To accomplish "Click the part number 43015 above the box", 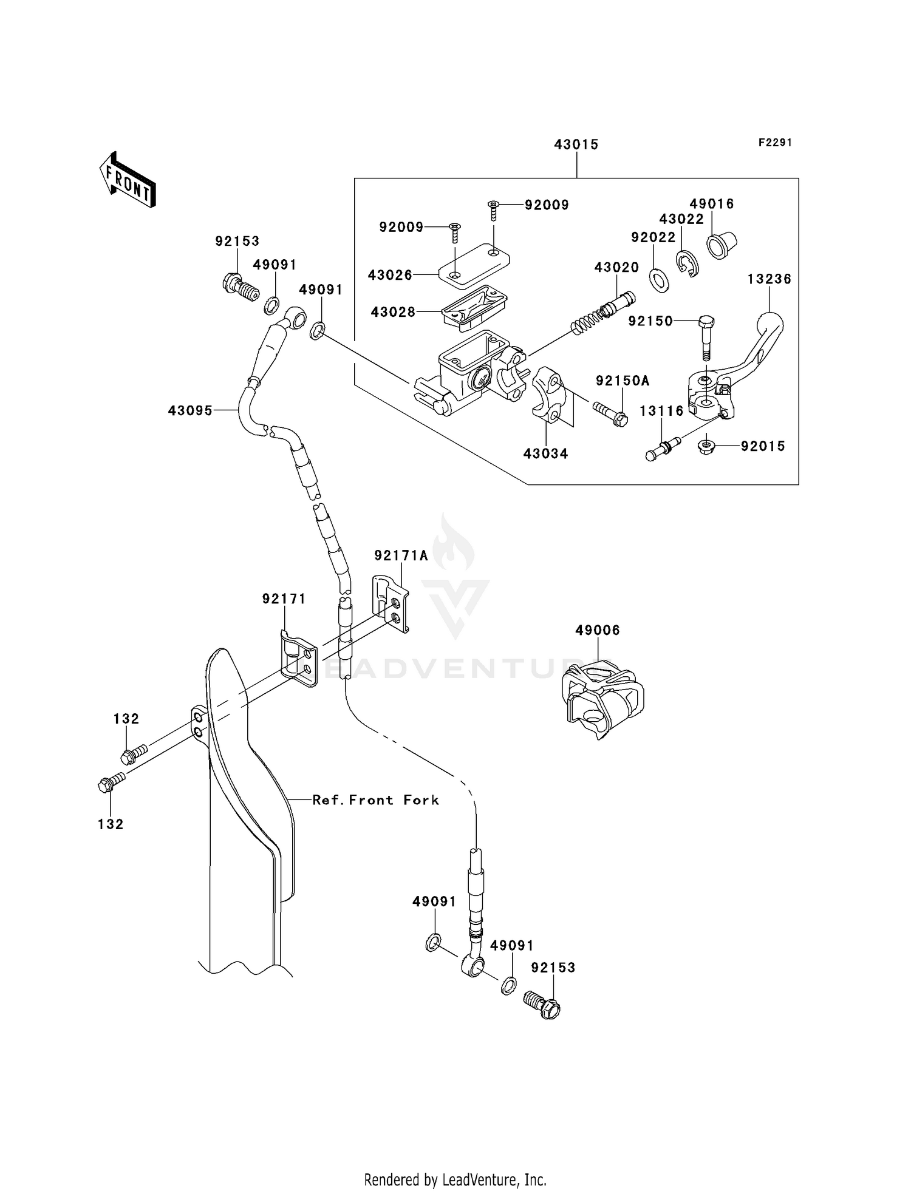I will [576, 144].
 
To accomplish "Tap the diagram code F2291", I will [775, 143].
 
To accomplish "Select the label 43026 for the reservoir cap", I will [389, 275].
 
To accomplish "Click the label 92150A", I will [622, 381].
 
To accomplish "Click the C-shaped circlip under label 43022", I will [687, 265].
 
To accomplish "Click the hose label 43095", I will [190, 411].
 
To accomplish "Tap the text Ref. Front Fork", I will [375, 800].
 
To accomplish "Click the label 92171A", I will [401, 555].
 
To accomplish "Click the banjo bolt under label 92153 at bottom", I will [542, 1005].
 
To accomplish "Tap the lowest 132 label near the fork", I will [111, 824].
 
